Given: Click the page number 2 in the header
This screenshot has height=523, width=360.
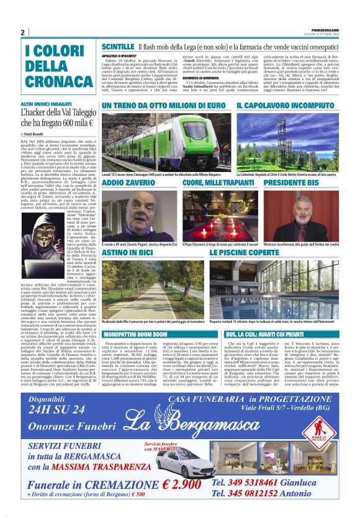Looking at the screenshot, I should (x=22, y=32).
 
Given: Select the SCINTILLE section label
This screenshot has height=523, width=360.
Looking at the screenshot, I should (x=117, y=47).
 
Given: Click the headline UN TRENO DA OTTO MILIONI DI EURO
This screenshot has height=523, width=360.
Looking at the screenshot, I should (x=163, y=106).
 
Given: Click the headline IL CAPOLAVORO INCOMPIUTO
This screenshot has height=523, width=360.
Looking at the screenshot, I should (x=285, y=106).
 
